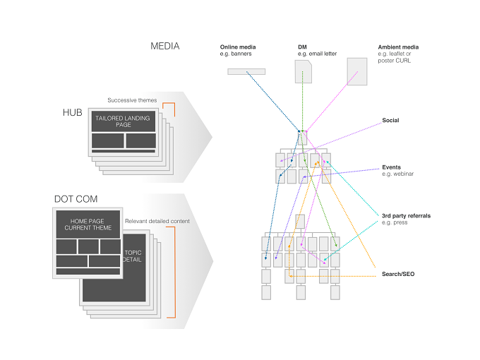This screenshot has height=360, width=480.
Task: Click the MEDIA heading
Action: coord(164,46)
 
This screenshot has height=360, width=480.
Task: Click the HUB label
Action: coord(73,113)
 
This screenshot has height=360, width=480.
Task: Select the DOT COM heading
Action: coord(76,199)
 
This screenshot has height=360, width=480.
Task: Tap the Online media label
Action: coord(238,47)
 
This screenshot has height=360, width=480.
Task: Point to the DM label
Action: coord(302,47)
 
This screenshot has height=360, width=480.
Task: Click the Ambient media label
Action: coord(398,47)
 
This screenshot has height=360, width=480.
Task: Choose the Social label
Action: coord(390,120)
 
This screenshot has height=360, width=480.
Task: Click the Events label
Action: coord(391,167)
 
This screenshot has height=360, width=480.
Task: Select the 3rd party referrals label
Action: coord(406,216)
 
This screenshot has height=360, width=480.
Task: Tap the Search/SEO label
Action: coord(398,274)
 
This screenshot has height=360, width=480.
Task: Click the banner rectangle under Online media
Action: coord(246,71)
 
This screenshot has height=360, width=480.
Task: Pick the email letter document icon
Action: coord(304,71)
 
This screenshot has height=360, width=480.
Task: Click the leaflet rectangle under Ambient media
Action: coord(357,71)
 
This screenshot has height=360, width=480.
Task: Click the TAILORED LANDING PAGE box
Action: coord(124,121)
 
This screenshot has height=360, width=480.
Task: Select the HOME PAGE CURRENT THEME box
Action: coord(88,224)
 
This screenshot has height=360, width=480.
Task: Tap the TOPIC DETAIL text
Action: coord(133,256)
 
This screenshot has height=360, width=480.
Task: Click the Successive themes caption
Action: coord(132,100)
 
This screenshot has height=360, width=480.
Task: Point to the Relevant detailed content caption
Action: coord(157,222)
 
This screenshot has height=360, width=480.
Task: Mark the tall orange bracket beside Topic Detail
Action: coord(175,272)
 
